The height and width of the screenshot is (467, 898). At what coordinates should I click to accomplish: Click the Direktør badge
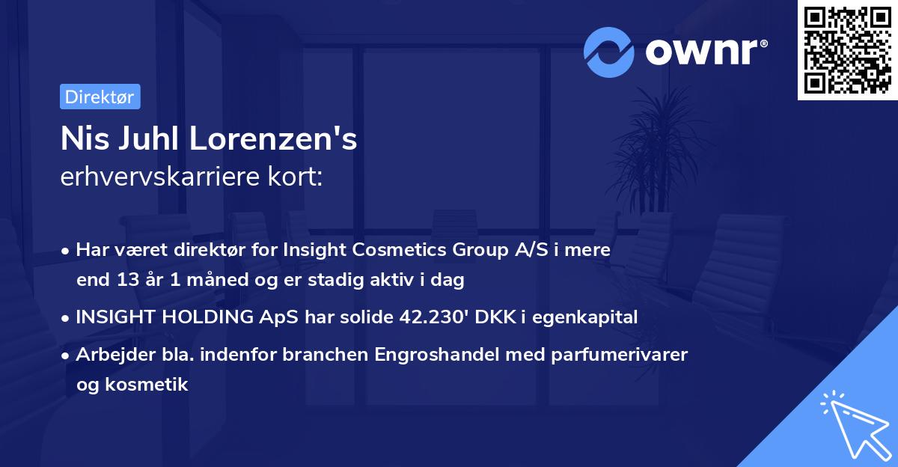pyautogui.click(x=100, y=97)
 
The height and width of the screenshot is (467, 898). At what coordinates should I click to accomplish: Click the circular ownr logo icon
pyautogui.click(x=609, y=52)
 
